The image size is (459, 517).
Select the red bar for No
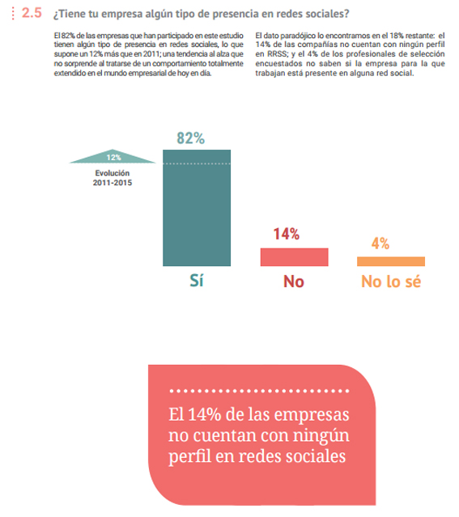pyautogui.click(x=294, y=257)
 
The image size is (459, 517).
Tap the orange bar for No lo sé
pyautogui.click(x=391, y=261)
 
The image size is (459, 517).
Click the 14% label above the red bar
pyautogui.click(x=287, y=235)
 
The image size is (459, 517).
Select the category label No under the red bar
pyautogui.click(x=294, y=282)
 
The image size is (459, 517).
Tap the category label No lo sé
pyautogui.click(x=391, y=282)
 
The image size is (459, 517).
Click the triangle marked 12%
pyautogui.click(x=113, y=157)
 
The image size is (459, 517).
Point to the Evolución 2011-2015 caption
pyautogui.click(x=113, y=177)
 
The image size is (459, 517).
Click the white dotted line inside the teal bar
pyautogui.click(x=197, y=163)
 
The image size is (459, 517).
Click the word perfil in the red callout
pyautogui.click(x=191, y=456)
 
